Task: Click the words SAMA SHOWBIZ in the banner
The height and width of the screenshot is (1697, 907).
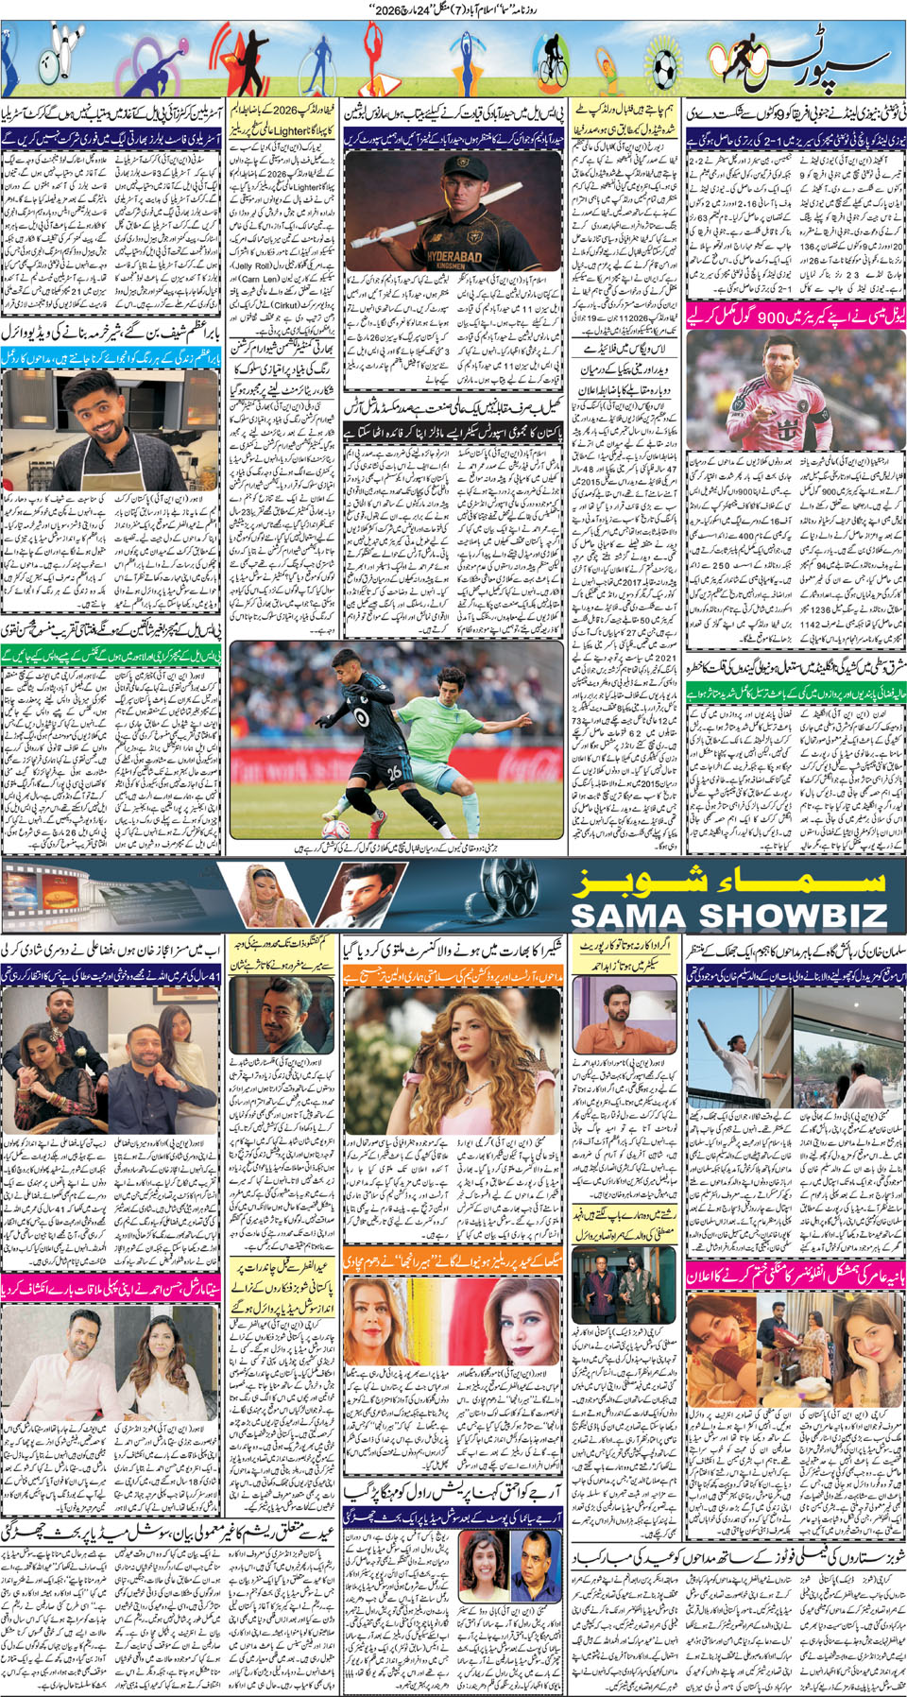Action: click(x=728, y=915)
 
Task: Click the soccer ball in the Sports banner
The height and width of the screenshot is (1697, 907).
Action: click(x=665, y=66)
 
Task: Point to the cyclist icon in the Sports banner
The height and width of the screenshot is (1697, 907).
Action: click(x=551, y=62)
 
